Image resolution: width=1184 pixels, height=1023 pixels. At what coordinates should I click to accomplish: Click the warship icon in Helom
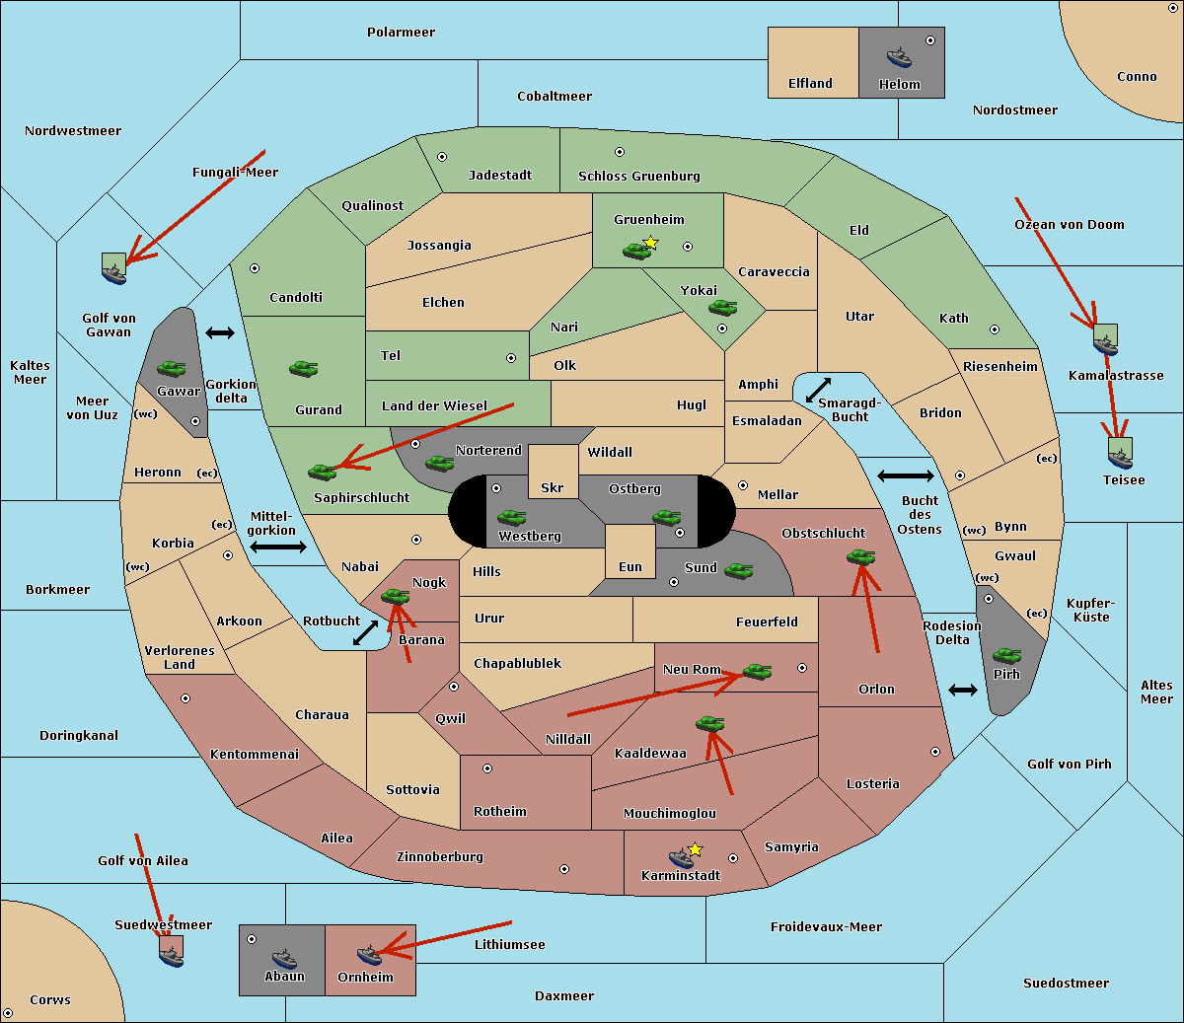(899, 57)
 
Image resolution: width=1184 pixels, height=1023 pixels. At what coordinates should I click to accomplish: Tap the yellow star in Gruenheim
(651, 243)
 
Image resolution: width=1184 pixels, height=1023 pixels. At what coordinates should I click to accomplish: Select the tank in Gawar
(172, 368)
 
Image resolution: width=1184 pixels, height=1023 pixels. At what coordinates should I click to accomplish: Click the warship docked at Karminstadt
(681, 857)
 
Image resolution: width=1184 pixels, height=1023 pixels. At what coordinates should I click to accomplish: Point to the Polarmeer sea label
(401, 33)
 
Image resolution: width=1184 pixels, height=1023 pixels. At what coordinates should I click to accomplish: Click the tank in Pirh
(1006, 655)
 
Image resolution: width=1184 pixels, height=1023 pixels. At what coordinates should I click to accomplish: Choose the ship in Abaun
(284, 959)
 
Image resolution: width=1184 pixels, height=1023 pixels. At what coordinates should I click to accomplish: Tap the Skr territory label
(553, 487)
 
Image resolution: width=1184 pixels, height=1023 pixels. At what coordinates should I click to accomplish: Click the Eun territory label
(630, 566)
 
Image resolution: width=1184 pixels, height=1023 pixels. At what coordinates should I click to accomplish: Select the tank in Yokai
(723, 308)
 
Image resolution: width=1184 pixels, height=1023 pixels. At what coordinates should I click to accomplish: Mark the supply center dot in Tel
(511, 358)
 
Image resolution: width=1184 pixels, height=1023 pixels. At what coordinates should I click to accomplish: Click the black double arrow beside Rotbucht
(365, 632)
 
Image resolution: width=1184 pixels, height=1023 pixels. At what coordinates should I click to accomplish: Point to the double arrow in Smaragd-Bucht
(818, 390)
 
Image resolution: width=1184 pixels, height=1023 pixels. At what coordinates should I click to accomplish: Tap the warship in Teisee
(1120, 459)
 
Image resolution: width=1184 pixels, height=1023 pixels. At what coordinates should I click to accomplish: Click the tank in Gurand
(303, 368)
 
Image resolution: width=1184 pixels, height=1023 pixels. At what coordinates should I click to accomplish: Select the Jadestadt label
(500, 175)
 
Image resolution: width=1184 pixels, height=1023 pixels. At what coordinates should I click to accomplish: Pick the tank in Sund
(738, 571)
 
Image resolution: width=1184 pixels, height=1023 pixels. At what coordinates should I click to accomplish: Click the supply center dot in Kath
(995, 329)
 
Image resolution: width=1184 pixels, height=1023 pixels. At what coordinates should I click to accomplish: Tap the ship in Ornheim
(369, 955)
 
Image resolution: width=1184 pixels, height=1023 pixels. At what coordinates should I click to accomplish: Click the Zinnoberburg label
(440, 857)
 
